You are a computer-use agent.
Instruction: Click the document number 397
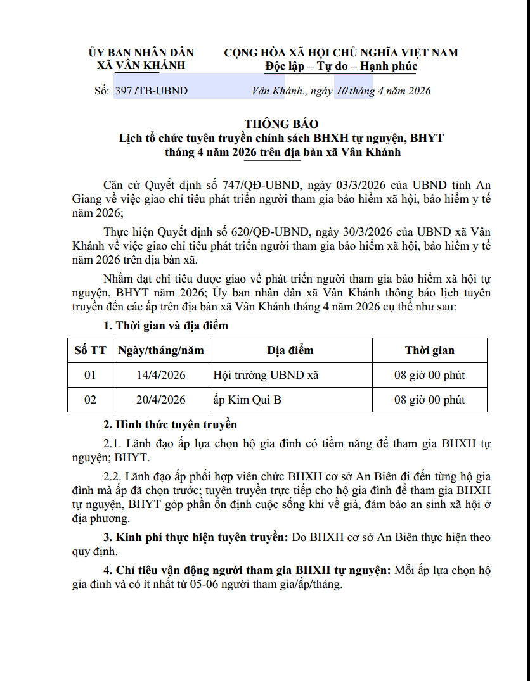(x=124, y=91)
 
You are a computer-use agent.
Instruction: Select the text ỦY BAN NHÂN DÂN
(x=141, y=53)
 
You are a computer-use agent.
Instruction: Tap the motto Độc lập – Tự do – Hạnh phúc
(x=341, y=66)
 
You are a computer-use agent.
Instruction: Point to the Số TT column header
(x=90, y=350)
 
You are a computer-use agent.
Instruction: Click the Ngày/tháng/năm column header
(x=161, y=350)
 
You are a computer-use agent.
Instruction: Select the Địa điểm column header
(x=290, y=350)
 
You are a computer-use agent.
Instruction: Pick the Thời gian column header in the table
(x=429, y=350)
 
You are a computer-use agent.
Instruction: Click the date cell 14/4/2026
(x=161, y=375)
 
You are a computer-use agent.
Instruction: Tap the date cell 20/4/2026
(x=161, y=400)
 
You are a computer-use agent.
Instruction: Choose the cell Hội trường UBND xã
(x=266, y=375)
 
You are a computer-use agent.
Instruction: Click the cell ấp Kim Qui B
(x=248, y=400)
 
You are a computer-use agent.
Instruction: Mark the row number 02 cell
(x=90, y=400)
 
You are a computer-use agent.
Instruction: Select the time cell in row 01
(x=429, y=375)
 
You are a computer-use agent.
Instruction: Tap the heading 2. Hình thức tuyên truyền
(x=170, y=424)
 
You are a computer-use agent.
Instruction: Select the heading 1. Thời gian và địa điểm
(x=165, y=326)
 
